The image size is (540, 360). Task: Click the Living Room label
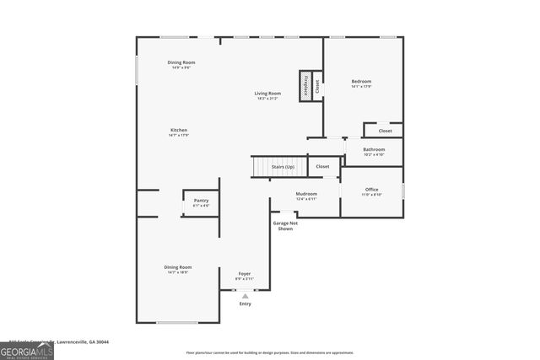[x=268, y=93]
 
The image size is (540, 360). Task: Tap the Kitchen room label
[x=178, y=130]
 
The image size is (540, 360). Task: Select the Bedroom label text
[x=361, y=81]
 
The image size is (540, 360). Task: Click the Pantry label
[x=201, y=201]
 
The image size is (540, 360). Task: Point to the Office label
[x=371, y=190]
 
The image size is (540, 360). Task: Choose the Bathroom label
[x=374, y=149]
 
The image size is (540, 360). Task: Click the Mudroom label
[x=306, y=194]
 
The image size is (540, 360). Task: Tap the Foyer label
[x=245, y=274]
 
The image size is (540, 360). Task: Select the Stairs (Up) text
[x=283, y=167]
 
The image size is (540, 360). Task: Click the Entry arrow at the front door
[x=245, y=296]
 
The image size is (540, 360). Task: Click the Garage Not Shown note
[x=285, y=226]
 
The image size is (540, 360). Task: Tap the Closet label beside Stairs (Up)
[x=322, y=167]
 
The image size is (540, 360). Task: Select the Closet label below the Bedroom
[x=385, y=131]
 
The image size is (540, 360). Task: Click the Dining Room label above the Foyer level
[x=178, y=267]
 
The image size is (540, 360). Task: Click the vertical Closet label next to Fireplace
[x=317, y=85]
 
